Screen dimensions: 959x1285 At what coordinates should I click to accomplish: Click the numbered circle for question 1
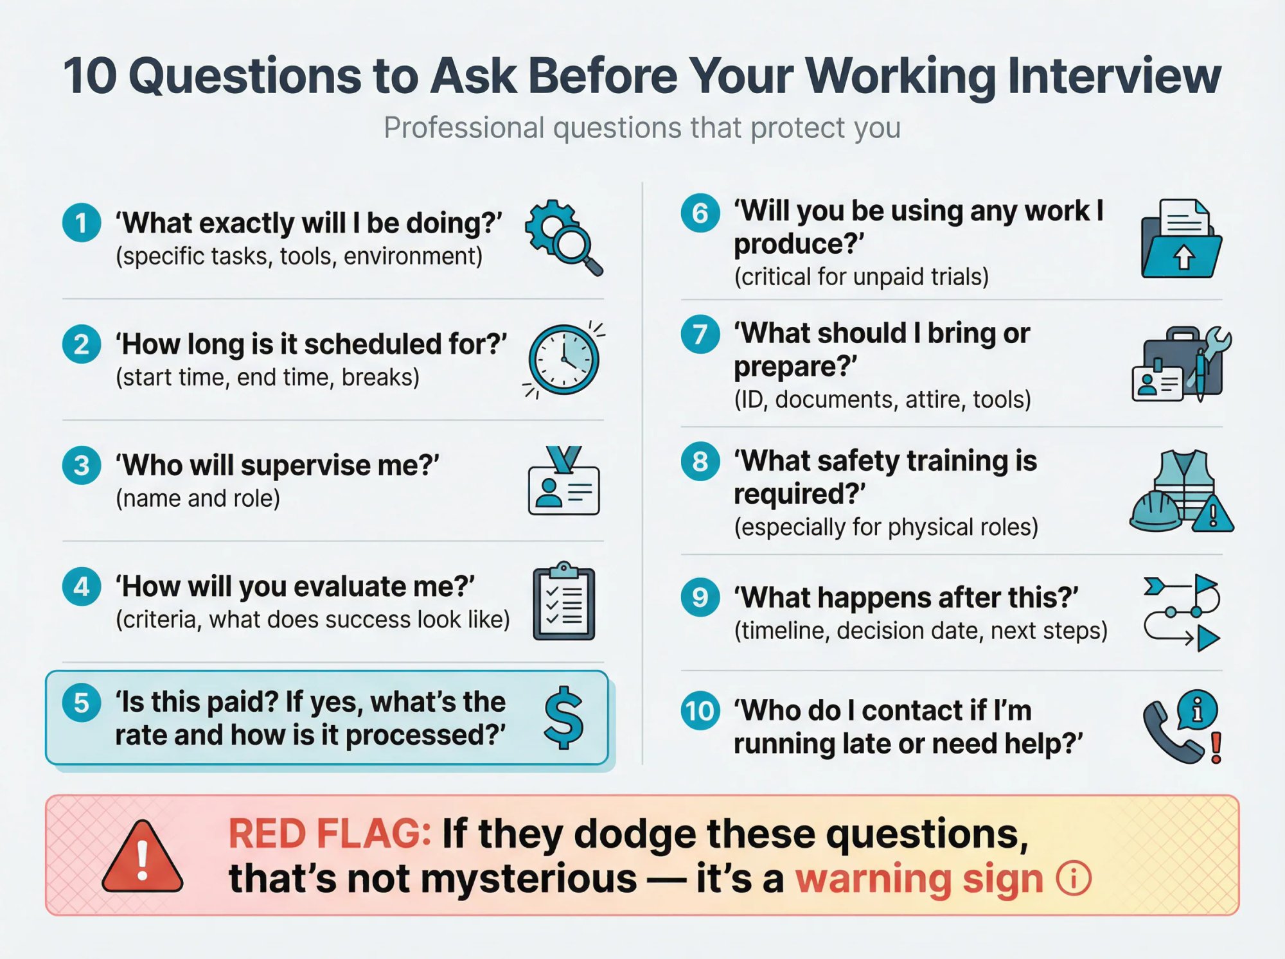82,223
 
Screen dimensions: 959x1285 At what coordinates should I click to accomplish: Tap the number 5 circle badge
82,702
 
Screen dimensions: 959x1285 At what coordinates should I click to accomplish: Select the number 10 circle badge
700,711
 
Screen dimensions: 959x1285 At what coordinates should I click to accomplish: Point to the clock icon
563,359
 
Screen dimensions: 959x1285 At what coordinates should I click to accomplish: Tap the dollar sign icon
563,717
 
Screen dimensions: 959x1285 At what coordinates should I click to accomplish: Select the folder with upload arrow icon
1181,240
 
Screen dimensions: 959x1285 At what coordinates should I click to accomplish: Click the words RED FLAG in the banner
330,834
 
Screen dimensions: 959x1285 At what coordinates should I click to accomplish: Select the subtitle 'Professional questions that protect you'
642,128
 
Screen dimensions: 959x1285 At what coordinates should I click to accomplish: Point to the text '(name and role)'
198,498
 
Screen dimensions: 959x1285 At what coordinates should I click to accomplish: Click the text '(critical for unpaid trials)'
861,277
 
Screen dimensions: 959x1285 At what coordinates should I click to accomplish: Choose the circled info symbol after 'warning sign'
1073,879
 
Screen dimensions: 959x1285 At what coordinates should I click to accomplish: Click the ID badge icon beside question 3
563,483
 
